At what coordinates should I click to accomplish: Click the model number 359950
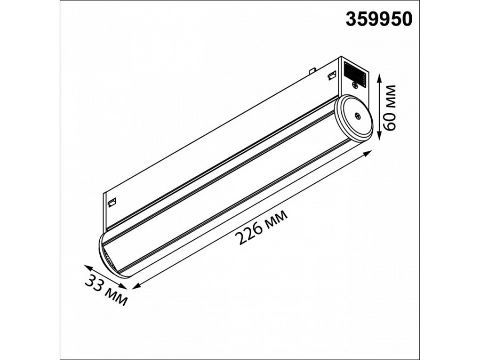[379, 20]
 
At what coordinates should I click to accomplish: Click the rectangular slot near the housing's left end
[113, 201]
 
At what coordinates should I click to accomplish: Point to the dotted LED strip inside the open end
[109, 261]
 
